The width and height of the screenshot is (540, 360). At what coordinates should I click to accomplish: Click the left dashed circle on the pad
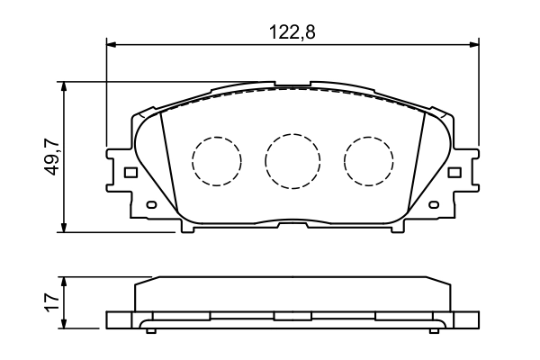tap(217, 161)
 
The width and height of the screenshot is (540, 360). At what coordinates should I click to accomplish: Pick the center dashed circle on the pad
tap(292, 161)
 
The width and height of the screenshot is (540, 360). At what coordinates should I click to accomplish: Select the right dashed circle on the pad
tap(369, 161)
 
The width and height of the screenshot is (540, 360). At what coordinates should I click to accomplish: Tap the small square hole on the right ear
tap(455, 172)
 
